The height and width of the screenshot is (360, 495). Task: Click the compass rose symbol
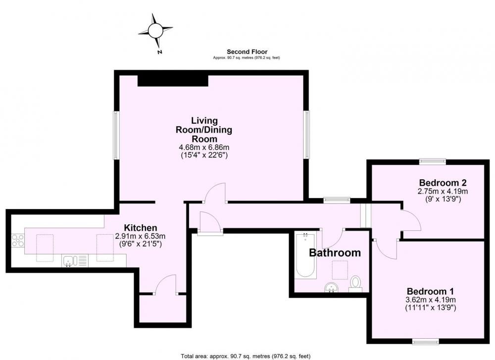(155, 30)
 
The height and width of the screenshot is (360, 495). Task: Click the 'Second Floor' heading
(247, 52)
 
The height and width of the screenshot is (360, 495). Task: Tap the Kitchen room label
(140, 228)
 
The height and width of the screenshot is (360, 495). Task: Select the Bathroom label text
(335, 253)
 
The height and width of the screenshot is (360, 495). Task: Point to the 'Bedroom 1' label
(430, 291)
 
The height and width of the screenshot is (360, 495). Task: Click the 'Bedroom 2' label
(443, 183)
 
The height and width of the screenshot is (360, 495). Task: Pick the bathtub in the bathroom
(305, 255)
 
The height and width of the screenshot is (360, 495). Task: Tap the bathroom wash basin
(332, 287)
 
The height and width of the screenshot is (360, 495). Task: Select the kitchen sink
(75, 261)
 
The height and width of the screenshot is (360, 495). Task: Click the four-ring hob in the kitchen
(18, 240)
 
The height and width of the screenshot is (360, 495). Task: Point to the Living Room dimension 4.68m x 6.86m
(204, 147)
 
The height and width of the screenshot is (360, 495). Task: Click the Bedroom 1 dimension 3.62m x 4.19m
(430, 300)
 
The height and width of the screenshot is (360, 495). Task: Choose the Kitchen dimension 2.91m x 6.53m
(140, 236)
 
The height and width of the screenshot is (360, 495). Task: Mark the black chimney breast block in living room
(173, 80)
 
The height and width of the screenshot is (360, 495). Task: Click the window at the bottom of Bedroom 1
(426, 341)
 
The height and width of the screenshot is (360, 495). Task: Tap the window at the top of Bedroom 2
(433, 161)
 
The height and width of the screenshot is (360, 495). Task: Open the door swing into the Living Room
(215, 193)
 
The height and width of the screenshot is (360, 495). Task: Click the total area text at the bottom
(246, 356)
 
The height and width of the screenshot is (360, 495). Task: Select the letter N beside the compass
(160, 52)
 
